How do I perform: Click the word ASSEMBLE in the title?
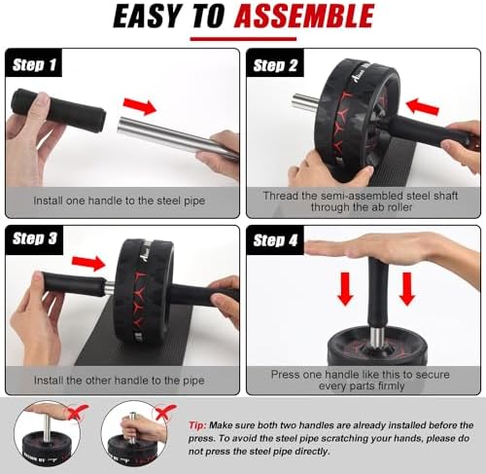(x=304, y=16)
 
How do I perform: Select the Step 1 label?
(x=34, y=64)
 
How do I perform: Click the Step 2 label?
(x=275, y=65)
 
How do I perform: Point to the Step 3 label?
(x=34, y=238)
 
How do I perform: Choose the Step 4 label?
(x=275, y=240)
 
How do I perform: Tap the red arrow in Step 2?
(x=423, y=107)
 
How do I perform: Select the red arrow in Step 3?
(x=88, y=262)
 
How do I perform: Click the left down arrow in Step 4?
(x=346, y=289)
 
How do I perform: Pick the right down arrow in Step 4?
(x=407, y=289)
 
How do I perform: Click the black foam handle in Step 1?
(x=58, y=110)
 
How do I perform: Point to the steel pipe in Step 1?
(x=178, y=138)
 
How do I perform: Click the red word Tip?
(x=197, y=425)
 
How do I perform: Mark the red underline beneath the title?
(x=243, y=39)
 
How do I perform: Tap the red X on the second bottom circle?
(x=166, y=412)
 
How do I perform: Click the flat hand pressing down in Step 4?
(x=389, y=249)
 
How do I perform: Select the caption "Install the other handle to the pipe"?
(x=120, y=380)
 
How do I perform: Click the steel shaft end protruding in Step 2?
(x=304, y=102)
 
